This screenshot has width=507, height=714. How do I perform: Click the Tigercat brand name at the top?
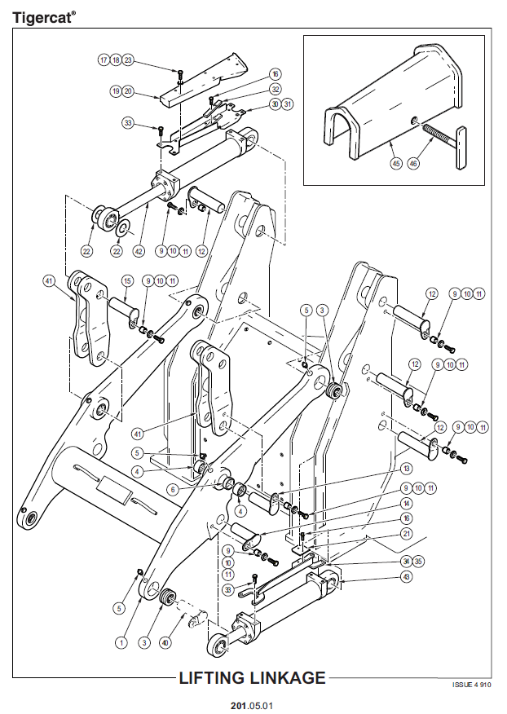[44, 17]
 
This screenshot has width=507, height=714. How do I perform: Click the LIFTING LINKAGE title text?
[253, 678]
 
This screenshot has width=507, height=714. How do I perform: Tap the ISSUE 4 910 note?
[471, 685]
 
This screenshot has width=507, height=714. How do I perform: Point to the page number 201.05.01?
[252, 705]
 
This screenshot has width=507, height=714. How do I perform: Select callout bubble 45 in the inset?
[397, 162]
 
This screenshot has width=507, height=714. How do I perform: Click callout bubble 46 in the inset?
[413, 162]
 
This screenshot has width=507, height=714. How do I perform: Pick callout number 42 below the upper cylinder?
[139, 251]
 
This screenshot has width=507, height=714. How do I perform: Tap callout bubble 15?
[127, 281]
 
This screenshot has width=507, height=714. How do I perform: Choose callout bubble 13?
[406, 469]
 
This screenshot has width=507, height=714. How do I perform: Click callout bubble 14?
[406, 503]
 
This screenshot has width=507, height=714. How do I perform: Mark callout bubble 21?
[406, 534]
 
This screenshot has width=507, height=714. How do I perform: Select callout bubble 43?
[406, 576]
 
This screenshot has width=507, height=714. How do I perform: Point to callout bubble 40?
[165, 642]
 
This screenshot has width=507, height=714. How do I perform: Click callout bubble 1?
[121, 642]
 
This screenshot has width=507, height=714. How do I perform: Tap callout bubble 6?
[173, 490]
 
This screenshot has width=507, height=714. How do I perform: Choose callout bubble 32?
[276, 89]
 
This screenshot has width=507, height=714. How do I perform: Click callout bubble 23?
[128, 60]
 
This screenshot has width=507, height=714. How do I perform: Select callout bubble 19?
[116, 91]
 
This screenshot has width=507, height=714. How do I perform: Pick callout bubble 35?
[417, 561]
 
